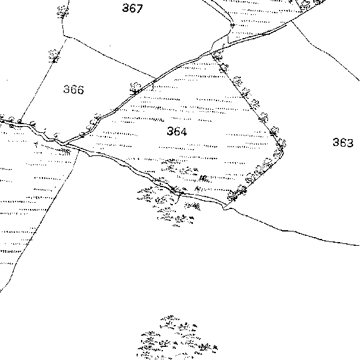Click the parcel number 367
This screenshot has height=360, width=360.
point(132,8)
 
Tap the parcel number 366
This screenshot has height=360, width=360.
point(74,90)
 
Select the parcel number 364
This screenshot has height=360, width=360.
point(177,131)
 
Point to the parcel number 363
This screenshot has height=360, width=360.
point(343,142)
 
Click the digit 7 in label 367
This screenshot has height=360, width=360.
point(139,8)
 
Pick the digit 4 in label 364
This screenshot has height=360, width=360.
point(183,131)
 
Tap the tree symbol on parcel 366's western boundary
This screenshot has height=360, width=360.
point(54,56)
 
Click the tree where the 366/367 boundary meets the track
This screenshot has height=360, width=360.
point(135,89)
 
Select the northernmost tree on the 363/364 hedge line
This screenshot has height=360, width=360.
point(216,56)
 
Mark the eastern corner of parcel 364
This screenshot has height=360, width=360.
point(283,152)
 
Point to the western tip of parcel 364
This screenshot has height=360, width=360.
point(63,144)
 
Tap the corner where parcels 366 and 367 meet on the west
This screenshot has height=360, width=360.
point(64,36)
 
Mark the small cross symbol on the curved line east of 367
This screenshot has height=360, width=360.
point(232,25)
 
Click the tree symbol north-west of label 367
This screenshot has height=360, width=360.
point(62,12)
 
